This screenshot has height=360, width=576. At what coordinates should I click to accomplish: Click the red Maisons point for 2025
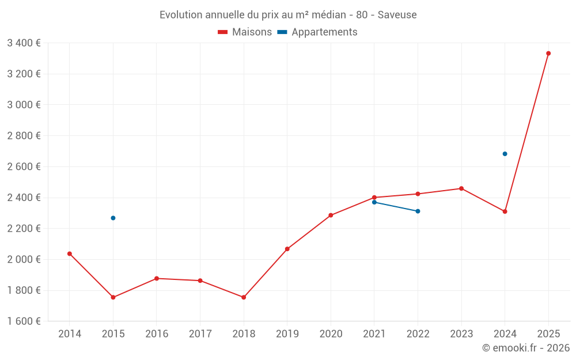[548, 54]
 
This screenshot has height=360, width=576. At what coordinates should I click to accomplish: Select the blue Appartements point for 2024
[505, 154]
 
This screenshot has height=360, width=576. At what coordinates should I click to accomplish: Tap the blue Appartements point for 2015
[113, 218]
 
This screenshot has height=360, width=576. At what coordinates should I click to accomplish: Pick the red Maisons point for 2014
[70, 253]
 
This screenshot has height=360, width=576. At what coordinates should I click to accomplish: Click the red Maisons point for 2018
[244, 297]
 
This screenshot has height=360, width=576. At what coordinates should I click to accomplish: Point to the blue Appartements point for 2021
[374, 202]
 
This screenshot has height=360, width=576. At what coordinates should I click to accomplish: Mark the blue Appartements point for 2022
[418, 211]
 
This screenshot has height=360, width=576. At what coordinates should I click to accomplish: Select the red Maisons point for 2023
[461, 188]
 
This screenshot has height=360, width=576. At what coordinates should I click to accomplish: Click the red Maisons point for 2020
[331, 215]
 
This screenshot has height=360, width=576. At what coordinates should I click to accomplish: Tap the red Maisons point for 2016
[157, 278]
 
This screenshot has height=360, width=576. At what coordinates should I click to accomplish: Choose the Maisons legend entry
[245, 32]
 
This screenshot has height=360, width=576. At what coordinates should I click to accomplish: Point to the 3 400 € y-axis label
[24, 43]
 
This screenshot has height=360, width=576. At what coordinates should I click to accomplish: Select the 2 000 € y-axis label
[24, 259]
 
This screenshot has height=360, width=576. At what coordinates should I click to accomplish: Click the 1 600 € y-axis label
[24, 321]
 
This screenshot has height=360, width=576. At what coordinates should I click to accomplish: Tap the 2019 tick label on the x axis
[287, 334]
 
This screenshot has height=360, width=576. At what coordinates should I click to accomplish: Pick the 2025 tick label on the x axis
[548, 334]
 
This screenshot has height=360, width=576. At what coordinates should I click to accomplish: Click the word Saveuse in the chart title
[397, 14]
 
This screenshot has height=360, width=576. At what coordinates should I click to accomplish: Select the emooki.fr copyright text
[525, 348]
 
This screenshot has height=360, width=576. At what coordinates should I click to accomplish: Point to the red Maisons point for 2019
[287, 249]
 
